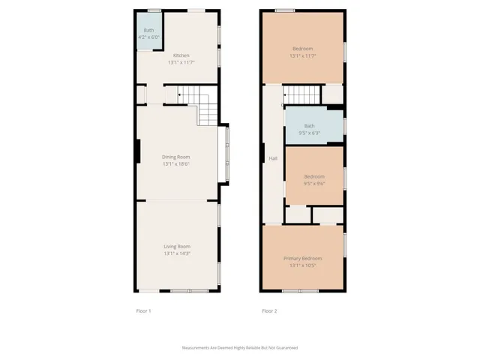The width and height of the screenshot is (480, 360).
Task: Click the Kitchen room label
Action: pyautogui.click(x=181, y=55)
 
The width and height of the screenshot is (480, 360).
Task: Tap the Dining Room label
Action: pyautogui.click(x=177, y=157)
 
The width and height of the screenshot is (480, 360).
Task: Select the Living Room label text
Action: pyautogui.click(x=177, y=246)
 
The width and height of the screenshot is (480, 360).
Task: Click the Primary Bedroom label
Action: pyautogui.click(x=302, y=259)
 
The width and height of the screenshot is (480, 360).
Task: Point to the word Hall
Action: pyautogui.click(x=272, y=159)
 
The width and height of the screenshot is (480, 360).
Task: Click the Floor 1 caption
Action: pyautogui.click(x=143, y=310)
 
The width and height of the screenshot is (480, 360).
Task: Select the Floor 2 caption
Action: pyautogui.click(x=269, y=310)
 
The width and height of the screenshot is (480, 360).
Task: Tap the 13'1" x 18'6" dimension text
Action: pyautogui.click(x=177, y=163)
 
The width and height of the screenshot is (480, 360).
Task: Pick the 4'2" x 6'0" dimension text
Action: pyautogui.click(x=148, y=37)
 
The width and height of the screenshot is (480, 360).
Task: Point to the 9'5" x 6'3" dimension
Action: pyautogui.click(x=310, y=133)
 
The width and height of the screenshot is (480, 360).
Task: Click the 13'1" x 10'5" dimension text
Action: pyautogui.click(x=302, y=265)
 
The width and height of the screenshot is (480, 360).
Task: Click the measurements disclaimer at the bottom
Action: pyautogui.click(x=240, y=348)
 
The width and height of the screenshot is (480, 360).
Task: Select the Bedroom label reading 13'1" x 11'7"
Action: pyautogui.click(x=302, y=49)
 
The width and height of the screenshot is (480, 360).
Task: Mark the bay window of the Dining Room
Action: pyautogui.click(x=223, y=154)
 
